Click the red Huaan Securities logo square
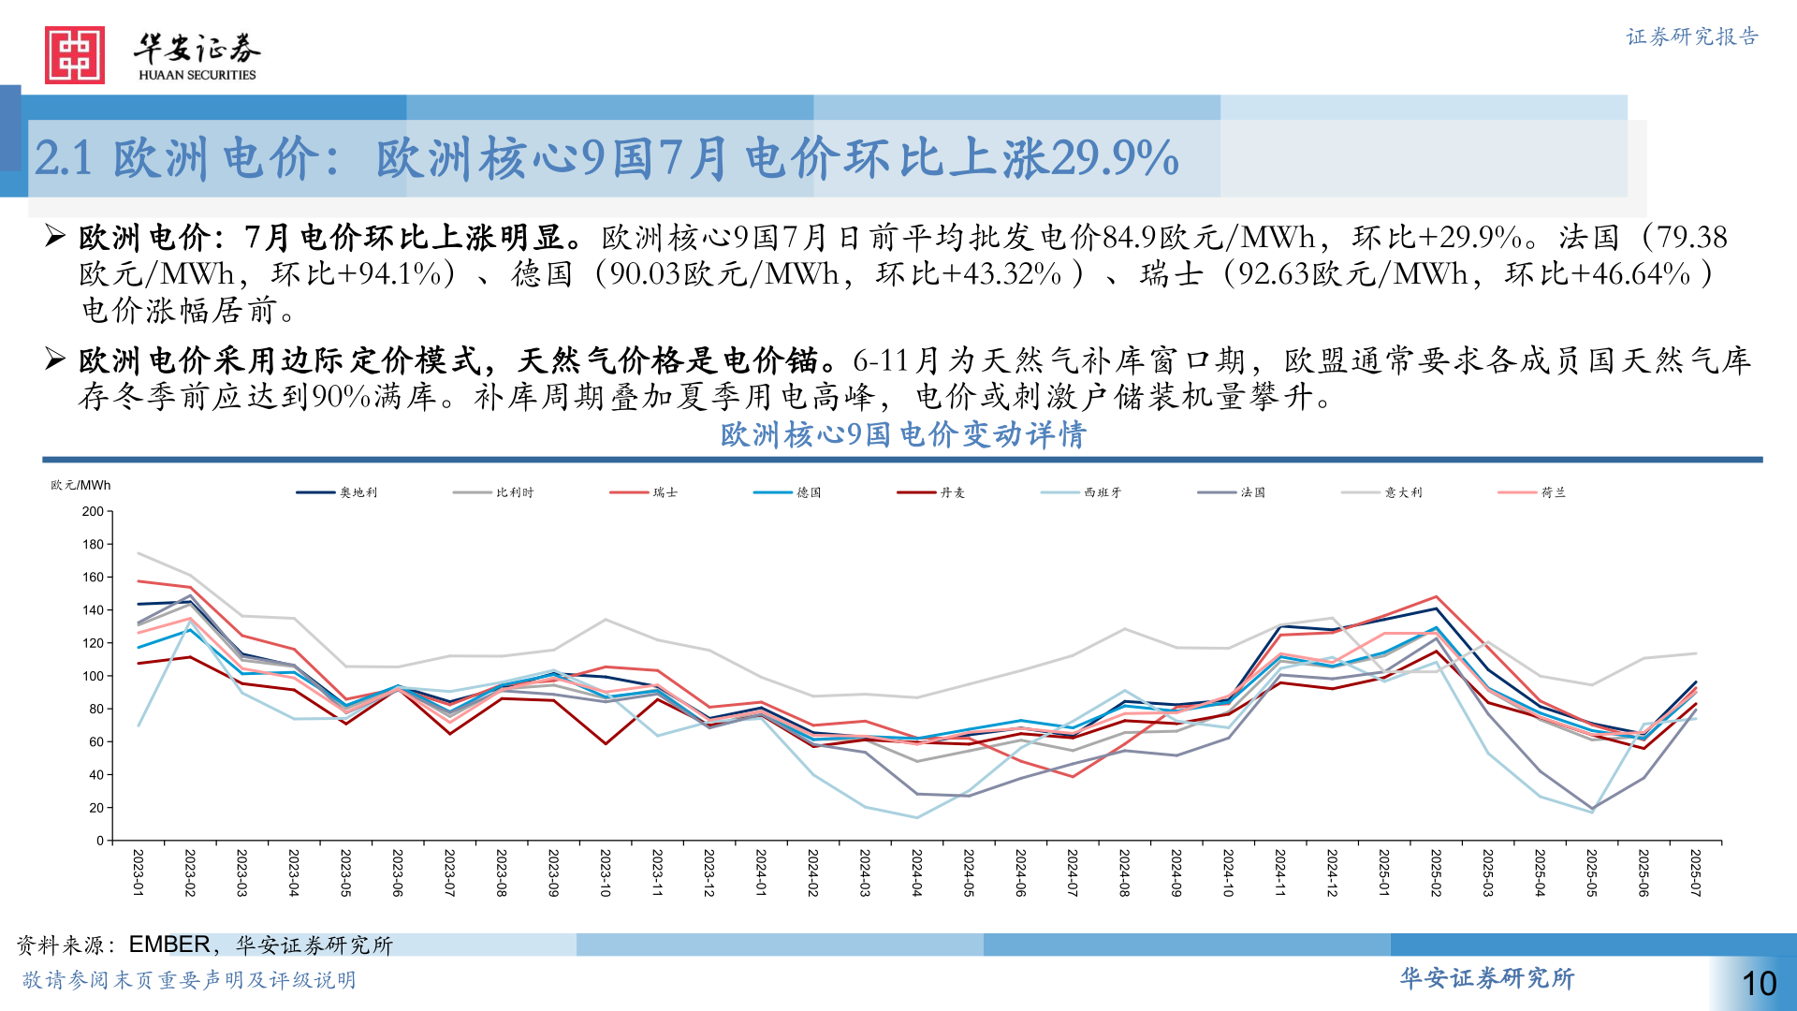pos(75,55)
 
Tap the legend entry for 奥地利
pos(337,492)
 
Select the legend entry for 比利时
pos(493,492)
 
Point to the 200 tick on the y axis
pos(94,512)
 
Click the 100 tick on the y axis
pos(94,676)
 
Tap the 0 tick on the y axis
pos(100,841)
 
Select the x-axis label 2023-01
pos(139,872)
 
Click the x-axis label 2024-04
pos(917,872)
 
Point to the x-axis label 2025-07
pos(1695,872)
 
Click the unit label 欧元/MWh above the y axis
pos(80,485)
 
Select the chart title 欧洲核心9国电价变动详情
pos(902,434)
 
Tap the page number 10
pos(1759,983)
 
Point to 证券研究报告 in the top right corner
pos(1692,37)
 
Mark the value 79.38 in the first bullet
pos(1692,237)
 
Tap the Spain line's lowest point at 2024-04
pos(917,817)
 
